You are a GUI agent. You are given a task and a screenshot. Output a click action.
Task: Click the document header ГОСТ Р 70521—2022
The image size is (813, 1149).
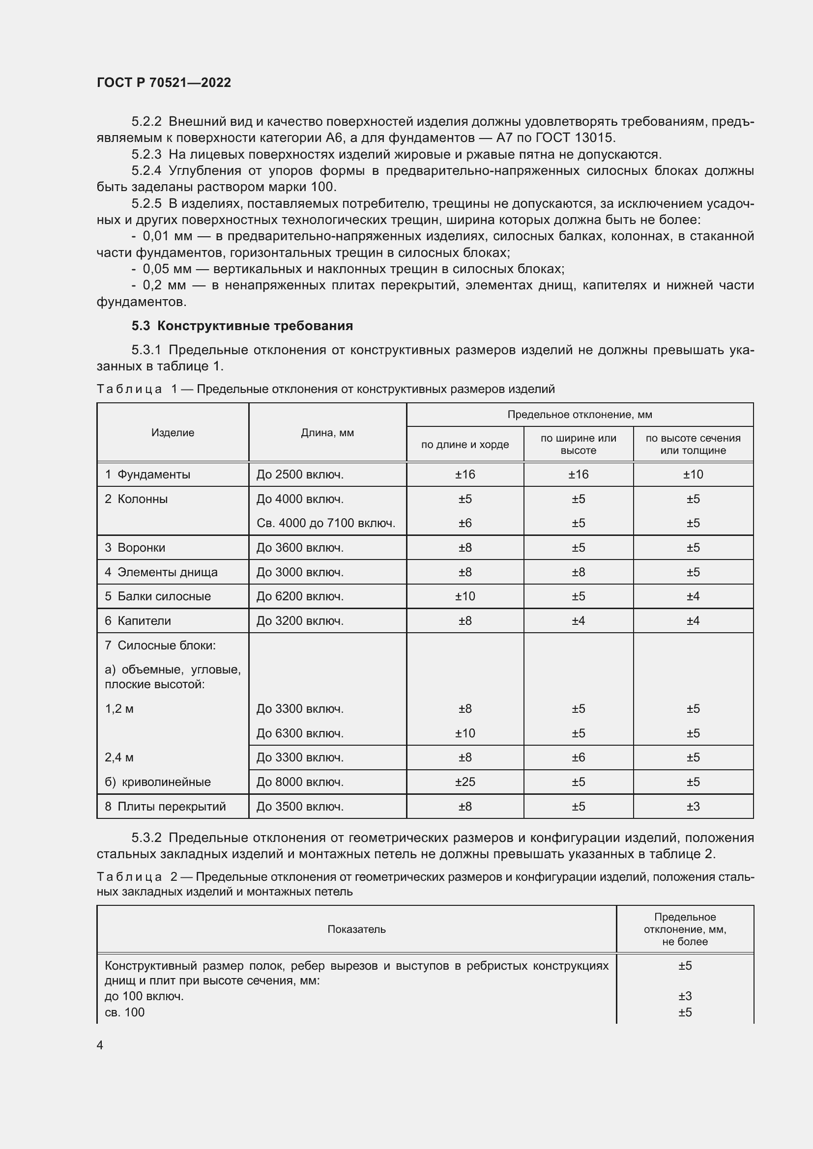[x=164, y=83]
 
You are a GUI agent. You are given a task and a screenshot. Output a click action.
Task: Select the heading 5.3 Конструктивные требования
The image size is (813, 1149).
[x=242, y=326]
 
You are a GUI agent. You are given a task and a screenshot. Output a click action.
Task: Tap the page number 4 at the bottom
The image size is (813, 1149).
[x=100, y=1045]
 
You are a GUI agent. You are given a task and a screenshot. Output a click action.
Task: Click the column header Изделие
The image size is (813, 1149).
[x=173, y=432]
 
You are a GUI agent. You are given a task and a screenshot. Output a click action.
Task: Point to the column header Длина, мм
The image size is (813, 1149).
[x=327, y=432]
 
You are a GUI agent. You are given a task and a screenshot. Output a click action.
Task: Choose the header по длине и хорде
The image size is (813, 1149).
[x=465, y=445]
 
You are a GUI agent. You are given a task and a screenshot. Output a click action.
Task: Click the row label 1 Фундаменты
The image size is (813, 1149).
[x=147, y=475]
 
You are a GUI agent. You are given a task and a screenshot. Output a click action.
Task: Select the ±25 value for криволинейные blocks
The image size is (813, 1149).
[x=465, y=782]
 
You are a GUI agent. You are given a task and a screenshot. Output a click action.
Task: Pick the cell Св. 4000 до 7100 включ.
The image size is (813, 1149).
[x=326, y=523]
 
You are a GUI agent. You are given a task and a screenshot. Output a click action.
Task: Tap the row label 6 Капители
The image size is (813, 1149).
[x=138, y=620]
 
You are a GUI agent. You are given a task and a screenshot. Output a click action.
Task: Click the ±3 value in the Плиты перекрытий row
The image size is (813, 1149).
[x=693, y=806]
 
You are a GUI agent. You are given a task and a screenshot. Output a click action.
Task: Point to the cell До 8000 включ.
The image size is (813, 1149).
[x=300, y=782]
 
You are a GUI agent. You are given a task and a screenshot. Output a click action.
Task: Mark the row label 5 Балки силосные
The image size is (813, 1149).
[x=158, y=596]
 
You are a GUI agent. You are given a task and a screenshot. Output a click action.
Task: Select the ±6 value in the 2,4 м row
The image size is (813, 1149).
[x=578, y=757]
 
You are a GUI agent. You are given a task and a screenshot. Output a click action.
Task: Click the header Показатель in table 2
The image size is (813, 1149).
[x=356, y=929]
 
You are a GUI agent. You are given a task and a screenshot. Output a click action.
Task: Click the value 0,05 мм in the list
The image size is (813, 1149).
[x=167, y=269]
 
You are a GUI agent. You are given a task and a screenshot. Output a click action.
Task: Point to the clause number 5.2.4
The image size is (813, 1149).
[x=146, y=170]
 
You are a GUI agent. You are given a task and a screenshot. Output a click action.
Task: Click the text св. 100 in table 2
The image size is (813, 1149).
[x=125, y=1012]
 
